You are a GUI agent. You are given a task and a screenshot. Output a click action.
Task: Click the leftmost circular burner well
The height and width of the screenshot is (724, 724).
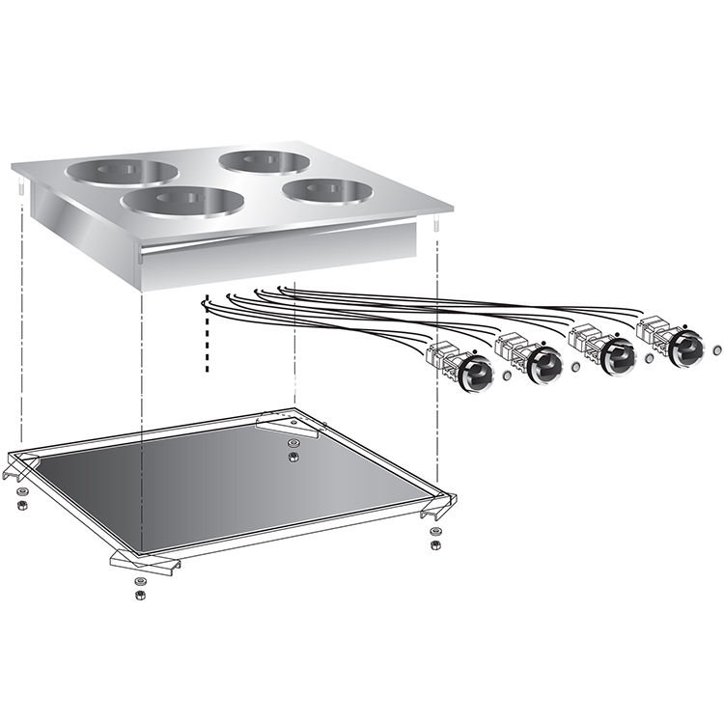pyautogui.click(x=122, y=173)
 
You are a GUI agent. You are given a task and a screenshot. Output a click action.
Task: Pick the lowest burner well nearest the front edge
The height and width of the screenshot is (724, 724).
pyautogui.click(x=182, y=202)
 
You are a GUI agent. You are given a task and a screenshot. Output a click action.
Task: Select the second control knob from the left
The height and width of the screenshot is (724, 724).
pyautogui.click(x=543, y=363)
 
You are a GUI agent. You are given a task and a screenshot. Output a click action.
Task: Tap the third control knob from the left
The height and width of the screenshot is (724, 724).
pyautogui.click(x=615, y=356)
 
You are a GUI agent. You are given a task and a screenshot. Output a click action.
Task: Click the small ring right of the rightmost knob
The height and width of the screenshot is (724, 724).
pyautogui.click(x=717, y=347)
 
